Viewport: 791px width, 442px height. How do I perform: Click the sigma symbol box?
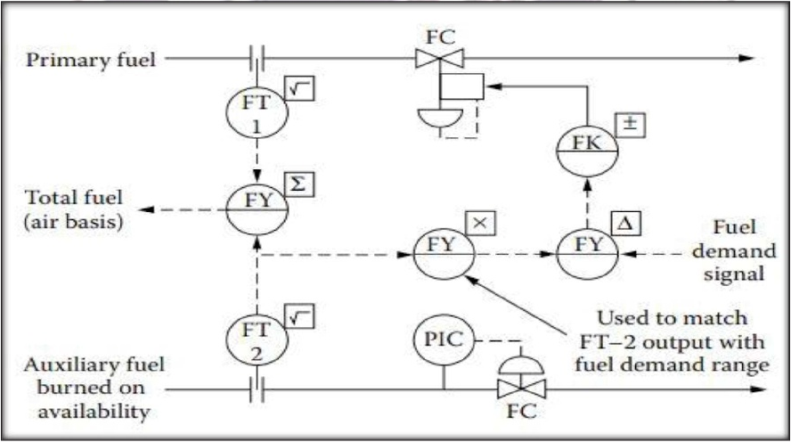[299, 184]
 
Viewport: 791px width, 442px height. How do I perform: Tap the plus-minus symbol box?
[630, 125]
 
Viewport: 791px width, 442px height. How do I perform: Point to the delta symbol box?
[626, 223]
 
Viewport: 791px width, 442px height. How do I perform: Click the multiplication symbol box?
[480, 223]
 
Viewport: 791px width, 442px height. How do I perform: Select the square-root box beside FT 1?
[299, 88]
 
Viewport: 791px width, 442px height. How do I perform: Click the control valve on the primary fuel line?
[439, 58]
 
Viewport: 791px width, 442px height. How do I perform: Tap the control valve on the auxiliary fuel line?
[521, 389]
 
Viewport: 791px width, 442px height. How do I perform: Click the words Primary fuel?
[91, 60]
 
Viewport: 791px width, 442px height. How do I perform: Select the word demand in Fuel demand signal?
[734, 250]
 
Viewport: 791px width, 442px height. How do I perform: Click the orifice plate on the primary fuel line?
[257, 59]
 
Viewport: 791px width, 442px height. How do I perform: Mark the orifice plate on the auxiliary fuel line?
[257, 389]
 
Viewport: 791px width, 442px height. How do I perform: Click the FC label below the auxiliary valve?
[521, 411]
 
